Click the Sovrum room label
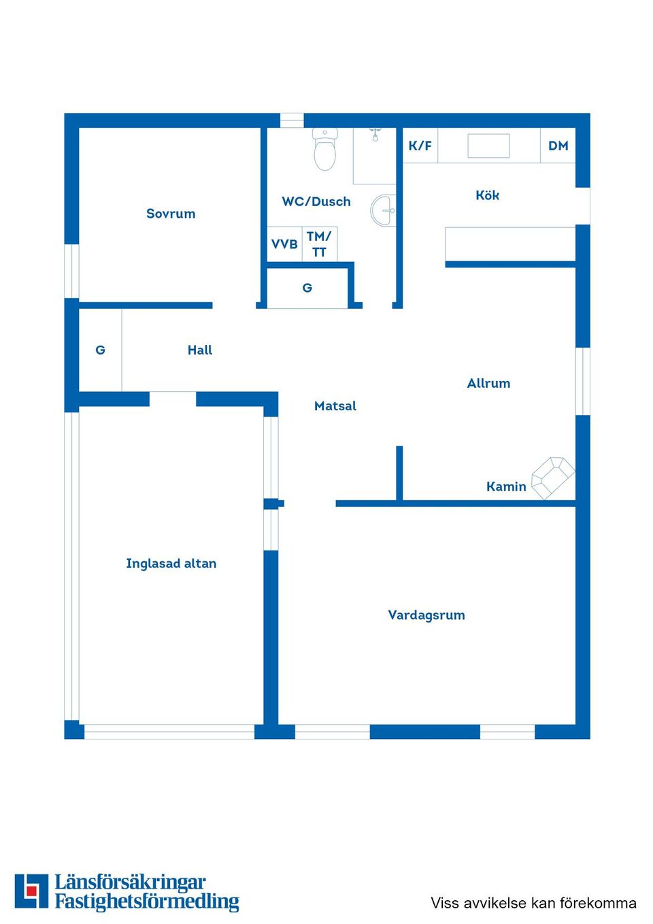tap(171, 214)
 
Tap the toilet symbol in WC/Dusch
tap(324, 150)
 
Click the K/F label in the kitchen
tap(420, 146)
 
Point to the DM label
tap(558, 146)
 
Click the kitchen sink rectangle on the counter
tap(488, 146)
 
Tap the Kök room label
tap(487, 195)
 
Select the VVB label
tap(284, 244)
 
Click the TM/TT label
tap(319, 244)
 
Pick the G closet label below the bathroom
tap(307, 288)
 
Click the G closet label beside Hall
tap(100, 350)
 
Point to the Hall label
tap(200, 350)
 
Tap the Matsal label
tap(335, 406)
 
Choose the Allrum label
tap(488, 384)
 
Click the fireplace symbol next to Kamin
tap(552, 477)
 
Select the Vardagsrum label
tap(426, 615)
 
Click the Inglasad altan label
tap(171, 563)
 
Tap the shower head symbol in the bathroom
tap(375, 134)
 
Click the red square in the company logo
tap(31, 891)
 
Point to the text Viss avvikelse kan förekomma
tap(533, 903)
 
